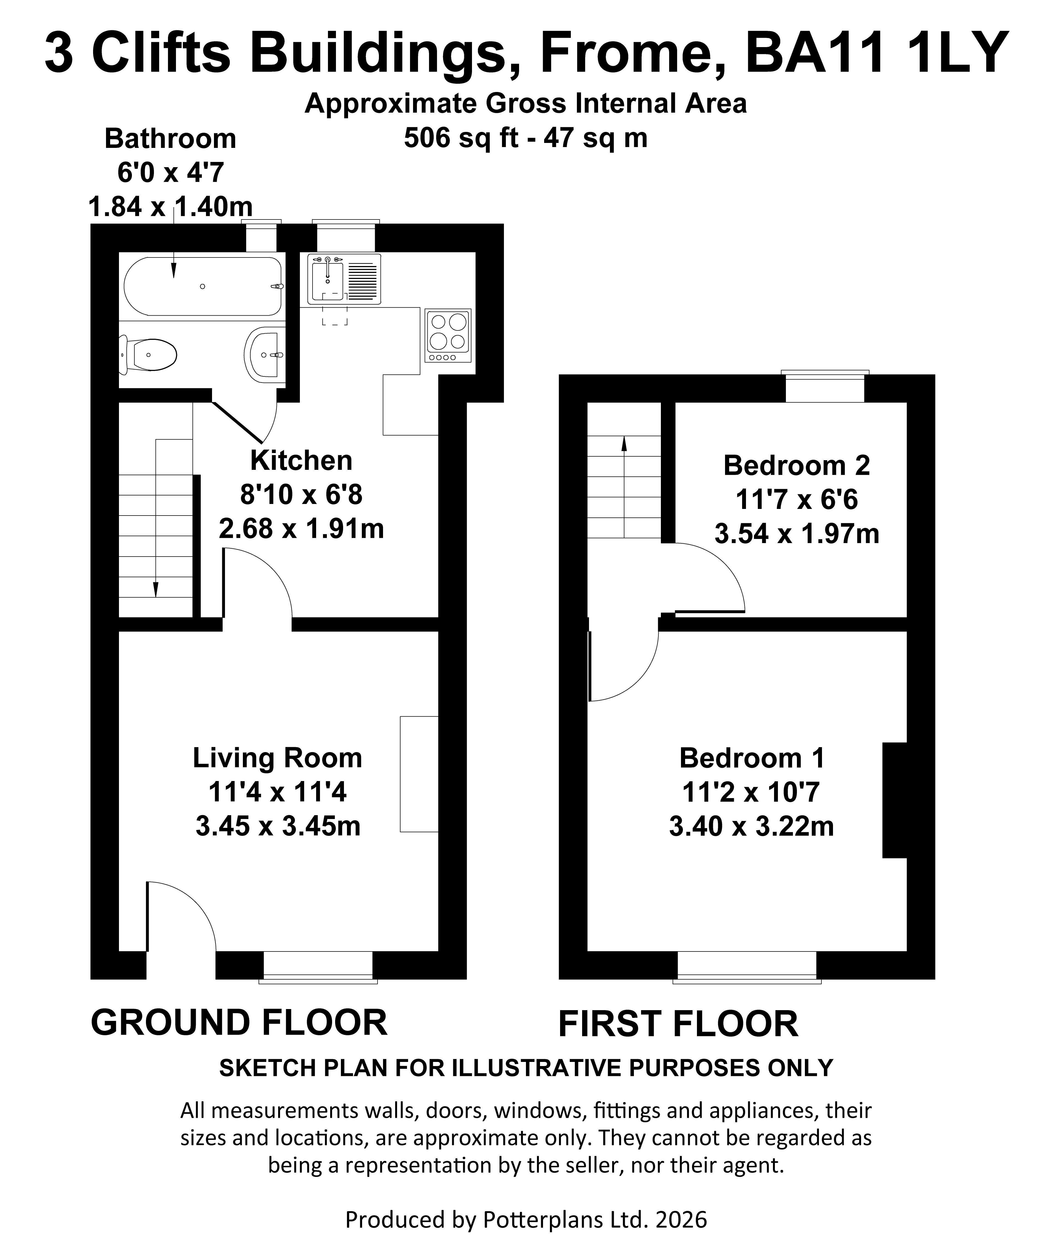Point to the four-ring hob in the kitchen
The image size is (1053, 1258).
click(448, 335)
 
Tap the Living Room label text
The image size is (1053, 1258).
click(277, 758)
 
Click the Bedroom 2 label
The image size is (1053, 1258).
click(797, 465)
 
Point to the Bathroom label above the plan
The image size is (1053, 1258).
click(170, 138)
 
